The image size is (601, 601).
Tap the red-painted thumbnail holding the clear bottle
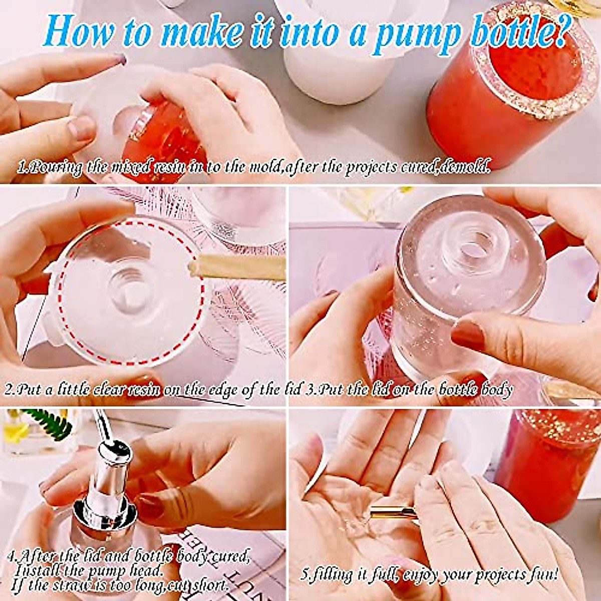click(x=469, y=336)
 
